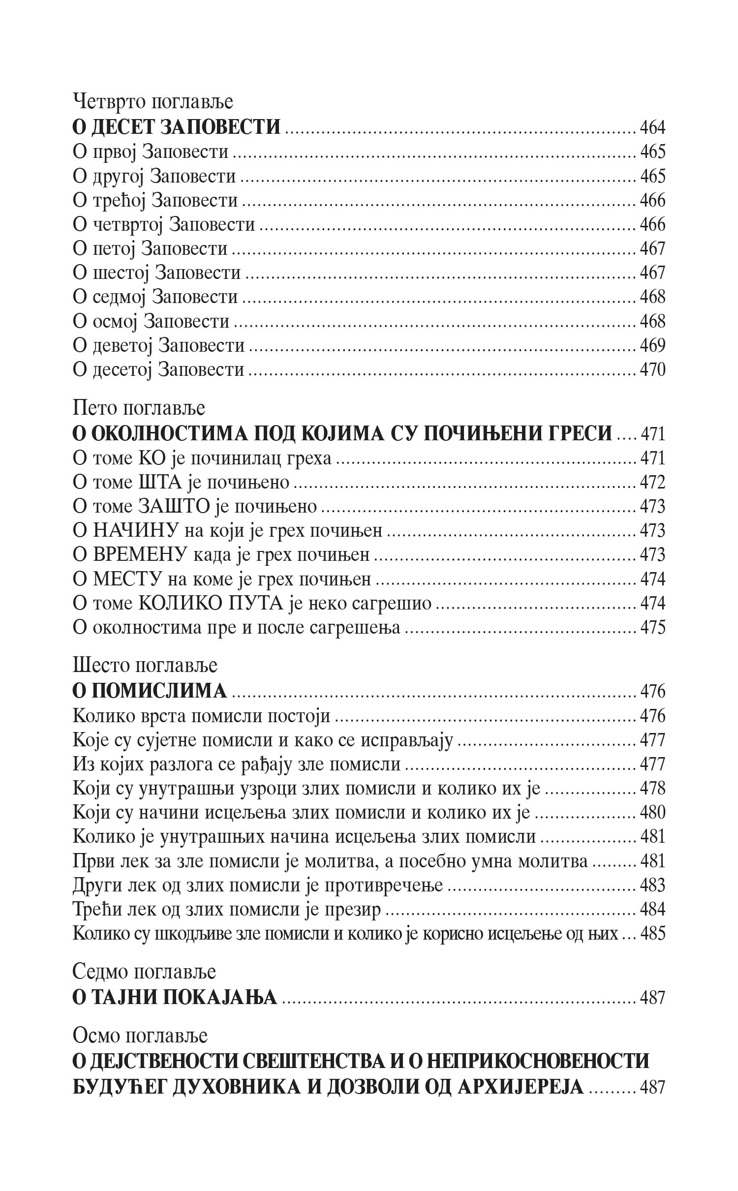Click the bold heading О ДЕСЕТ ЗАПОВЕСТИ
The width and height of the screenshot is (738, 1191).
pyautogui.click(x=176, y=127)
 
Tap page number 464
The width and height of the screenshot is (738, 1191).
pyautogui.click(x=652, y=127)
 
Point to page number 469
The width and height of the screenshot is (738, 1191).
pyautogui.click(x=652, y=345)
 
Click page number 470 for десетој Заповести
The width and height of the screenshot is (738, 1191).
pyautogui.click(x=652, y=369)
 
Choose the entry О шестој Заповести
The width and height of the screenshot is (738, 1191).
pyautogui.click(x=156, y=273)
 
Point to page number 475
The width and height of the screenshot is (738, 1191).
pyautogui.click(x=652, y=628)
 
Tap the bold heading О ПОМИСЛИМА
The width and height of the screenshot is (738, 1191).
pyautogui.click(x=150, y=691)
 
